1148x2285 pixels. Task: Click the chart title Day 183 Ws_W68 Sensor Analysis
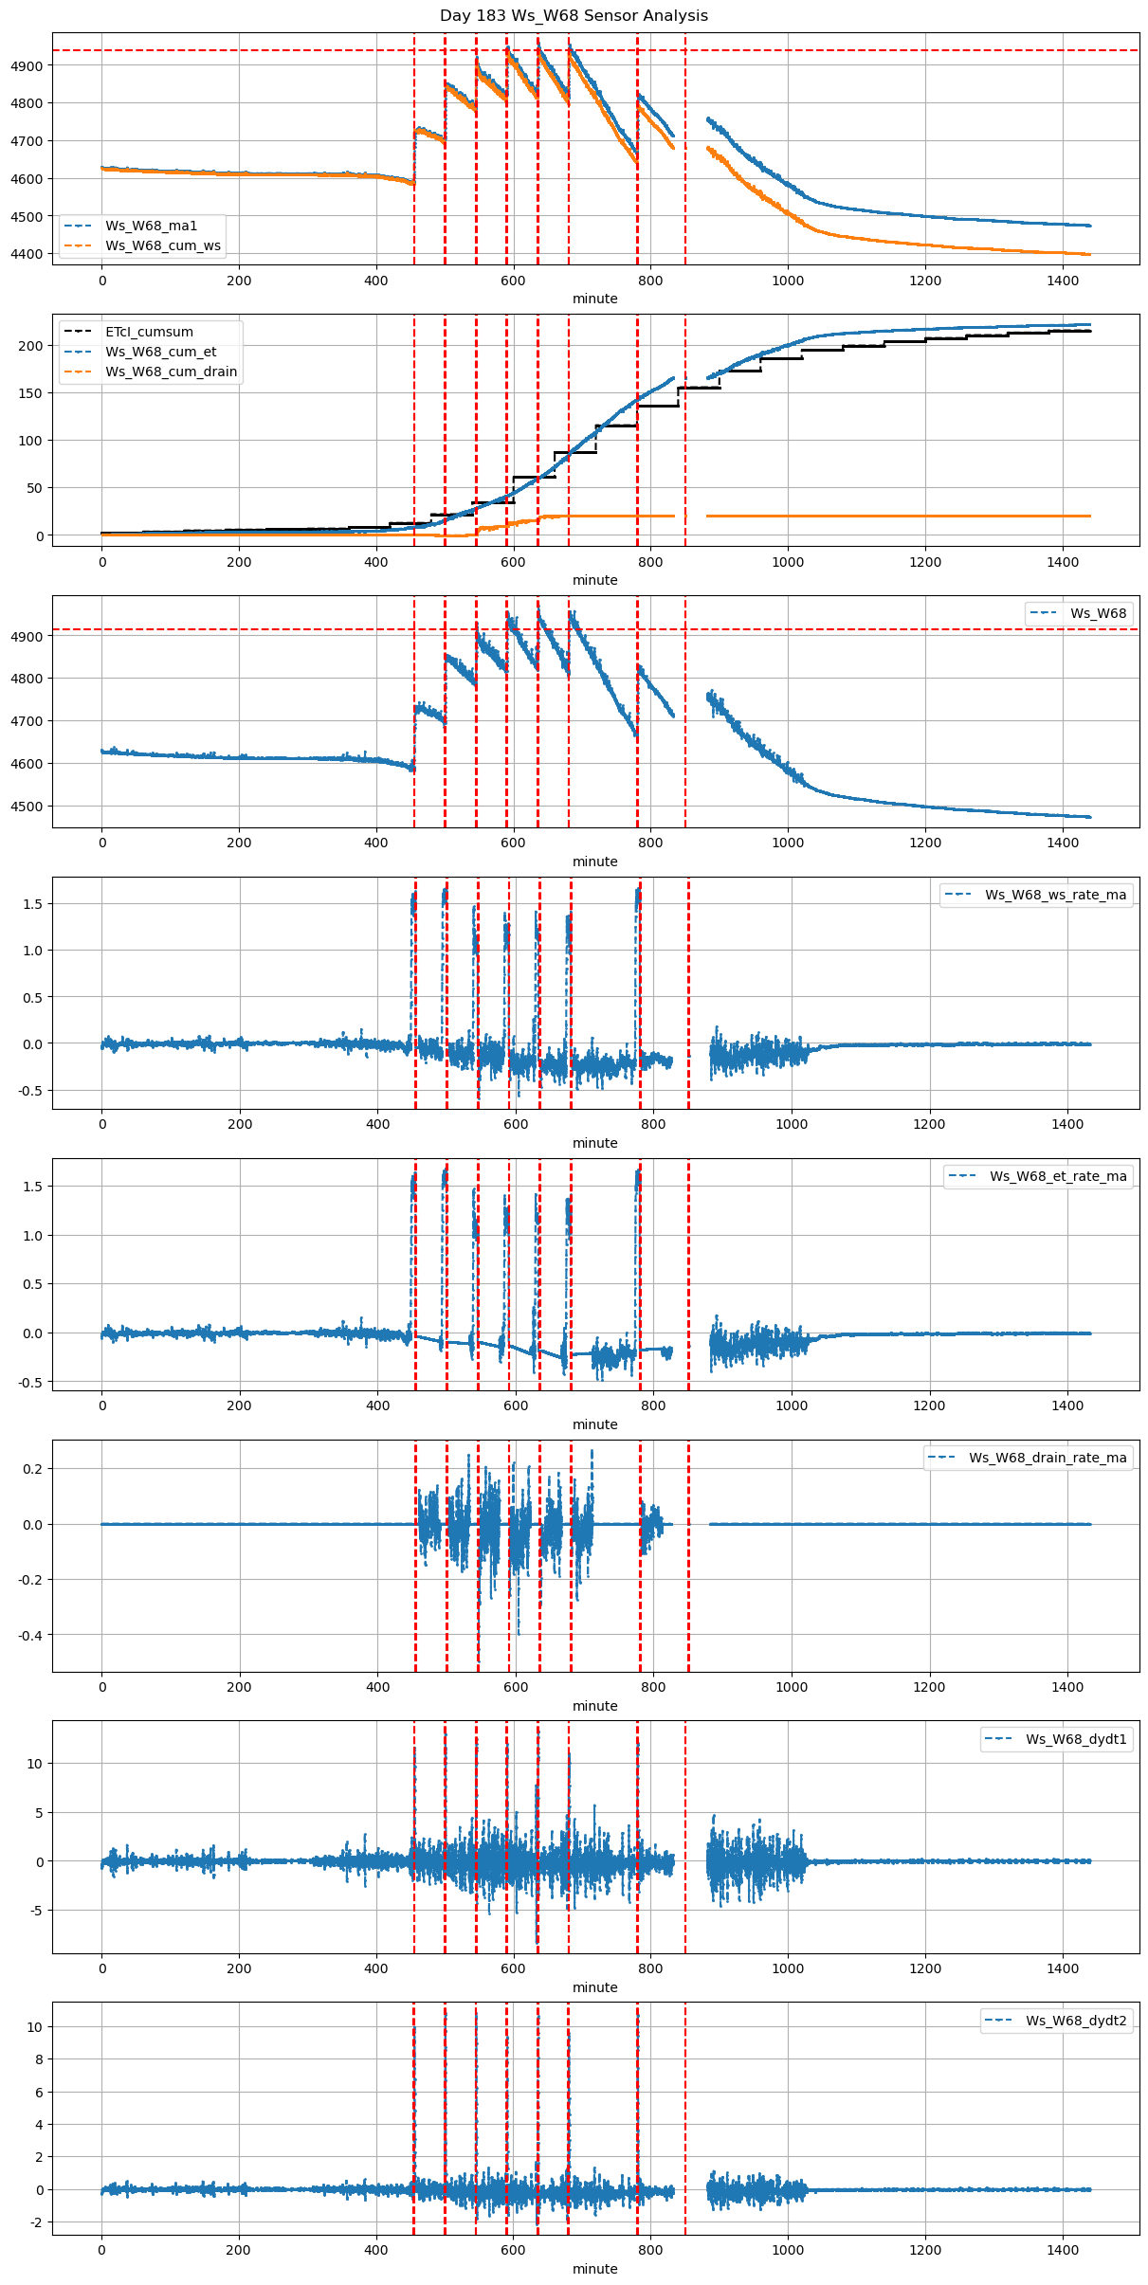[574, 16]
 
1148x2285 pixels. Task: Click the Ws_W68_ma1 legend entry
[151, 226]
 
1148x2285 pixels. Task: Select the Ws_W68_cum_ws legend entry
[162, 245]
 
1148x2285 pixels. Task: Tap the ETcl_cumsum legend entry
[149, 332]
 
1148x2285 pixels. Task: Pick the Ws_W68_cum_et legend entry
[160, 352]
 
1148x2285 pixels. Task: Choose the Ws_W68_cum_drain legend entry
[171, 372]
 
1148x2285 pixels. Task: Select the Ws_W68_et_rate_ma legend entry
[1058, 1176]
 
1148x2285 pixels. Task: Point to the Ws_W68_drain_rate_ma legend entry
[1048, 1458]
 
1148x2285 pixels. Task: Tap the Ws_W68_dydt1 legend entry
[1076, 1739]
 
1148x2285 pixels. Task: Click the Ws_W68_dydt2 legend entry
[1076, 2021]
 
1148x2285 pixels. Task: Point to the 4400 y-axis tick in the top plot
[27, 254]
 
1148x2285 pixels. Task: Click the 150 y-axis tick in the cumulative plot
[32, 393]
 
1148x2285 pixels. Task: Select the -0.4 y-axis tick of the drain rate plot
[29, 1635]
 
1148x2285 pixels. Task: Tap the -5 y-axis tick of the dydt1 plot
[36, 1911]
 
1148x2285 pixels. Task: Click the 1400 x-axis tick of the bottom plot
[1063, 2250]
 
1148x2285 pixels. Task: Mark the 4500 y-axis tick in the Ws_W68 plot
[27, 807]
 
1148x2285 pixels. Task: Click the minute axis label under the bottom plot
[594, 2269]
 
